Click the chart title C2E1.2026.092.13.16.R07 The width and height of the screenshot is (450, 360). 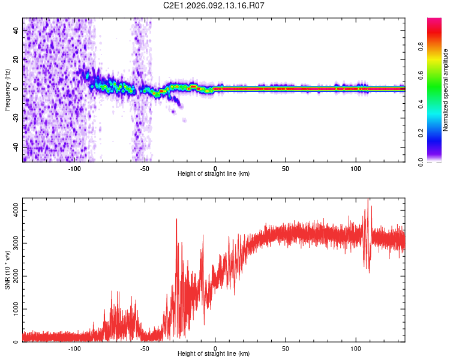[214, 5]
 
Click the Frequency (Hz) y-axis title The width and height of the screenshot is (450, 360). [8, 89]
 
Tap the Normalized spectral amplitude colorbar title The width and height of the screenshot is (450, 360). [446, 90]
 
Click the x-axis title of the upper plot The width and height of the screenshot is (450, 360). [214, 173]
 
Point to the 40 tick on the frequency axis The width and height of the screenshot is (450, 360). [17, 30]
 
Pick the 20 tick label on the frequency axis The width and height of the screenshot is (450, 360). [17, 59]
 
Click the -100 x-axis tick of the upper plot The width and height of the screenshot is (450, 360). [74, 168]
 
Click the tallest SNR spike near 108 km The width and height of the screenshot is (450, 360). [367, 200]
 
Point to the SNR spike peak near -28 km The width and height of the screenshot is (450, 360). [176, 219]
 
